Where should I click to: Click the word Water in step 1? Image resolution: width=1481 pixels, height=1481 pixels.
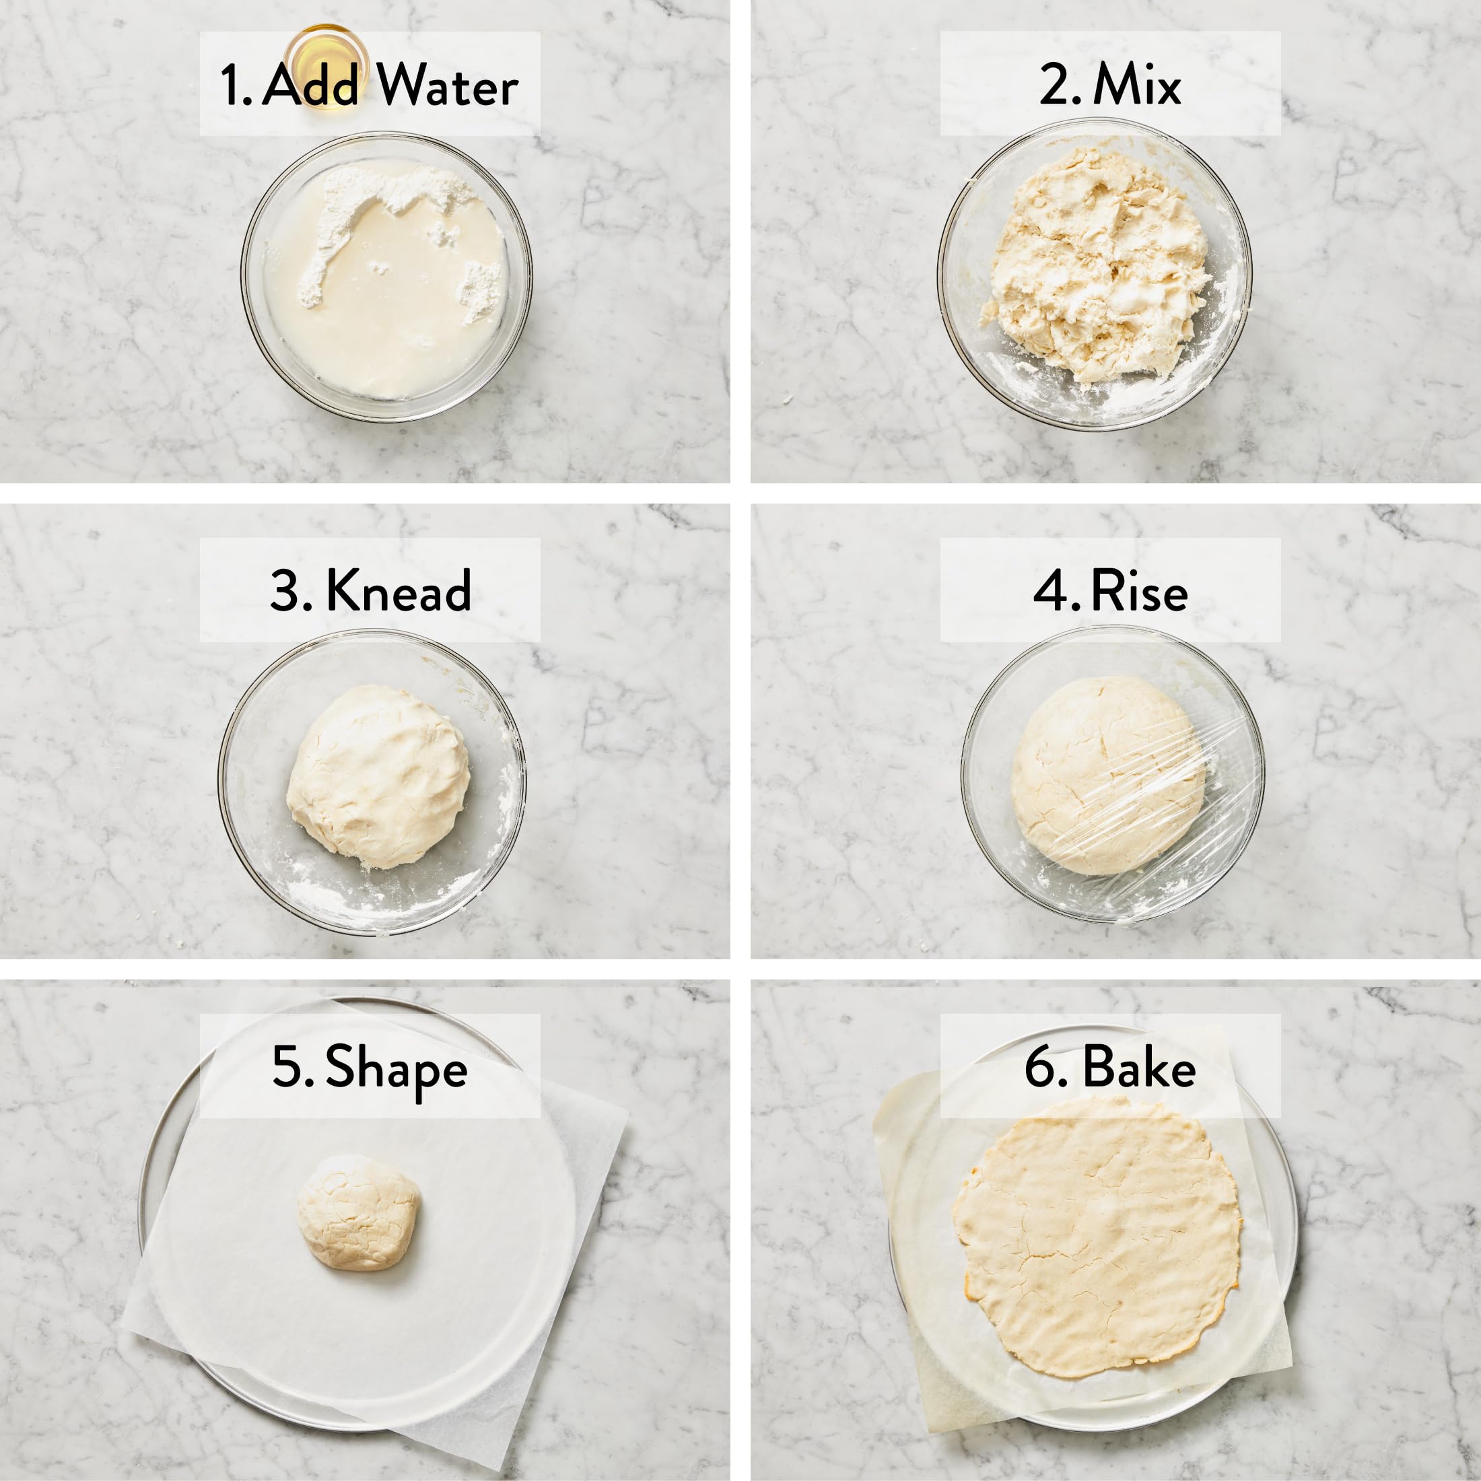click(447, 84)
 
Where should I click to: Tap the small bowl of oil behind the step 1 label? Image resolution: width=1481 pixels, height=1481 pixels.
click(326, 67)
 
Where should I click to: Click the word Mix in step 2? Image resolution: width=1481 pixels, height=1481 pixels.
click(1137, 83)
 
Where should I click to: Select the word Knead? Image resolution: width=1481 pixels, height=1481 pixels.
click(399, 591)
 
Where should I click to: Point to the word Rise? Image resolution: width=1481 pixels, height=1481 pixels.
click(1139, 591)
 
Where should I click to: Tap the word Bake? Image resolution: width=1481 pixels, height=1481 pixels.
click(1139, 1067)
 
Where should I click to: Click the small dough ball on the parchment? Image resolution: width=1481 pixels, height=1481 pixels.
click(359, 1212)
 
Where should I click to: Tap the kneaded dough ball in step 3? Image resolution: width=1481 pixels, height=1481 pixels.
click(378, 777)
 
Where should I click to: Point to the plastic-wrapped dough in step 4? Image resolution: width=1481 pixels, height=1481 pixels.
click(1107, 776)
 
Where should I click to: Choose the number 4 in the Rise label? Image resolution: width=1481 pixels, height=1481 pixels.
click(1050, 591)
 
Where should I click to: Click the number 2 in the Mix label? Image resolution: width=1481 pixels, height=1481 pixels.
click(1055, 83)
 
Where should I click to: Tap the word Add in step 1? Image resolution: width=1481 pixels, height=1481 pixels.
click(310, 84)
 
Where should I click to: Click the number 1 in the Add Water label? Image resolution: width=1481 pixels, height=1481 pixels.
click(230, 84)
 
